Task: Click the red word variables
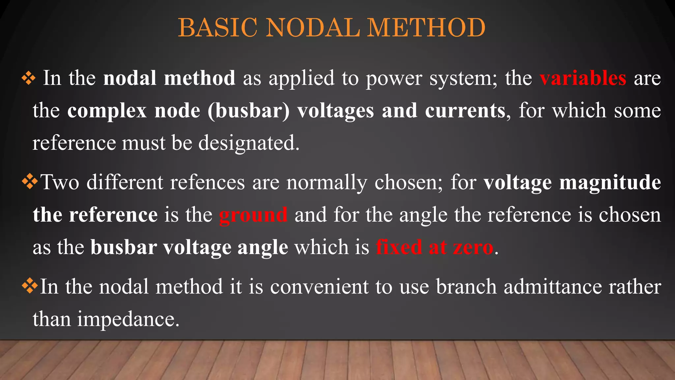[x=583, y=78]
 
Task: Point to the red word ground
[x=253, y=215]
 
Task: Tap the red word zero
[x=473, y=247]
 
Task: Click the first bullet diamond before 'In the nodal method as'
[x=29, y=79]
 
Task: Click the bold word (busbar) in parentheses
[x=248, y=111]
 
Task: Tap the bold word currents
[x=465, y=111]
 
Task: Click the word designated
[x=249, y=143]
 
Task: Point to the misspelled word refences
[x=207, y=182]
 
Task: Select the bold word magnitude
[x=610, y=183]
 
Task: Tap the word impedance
[x=129, y=319]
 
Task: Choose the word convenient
[x=319, y=286]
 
